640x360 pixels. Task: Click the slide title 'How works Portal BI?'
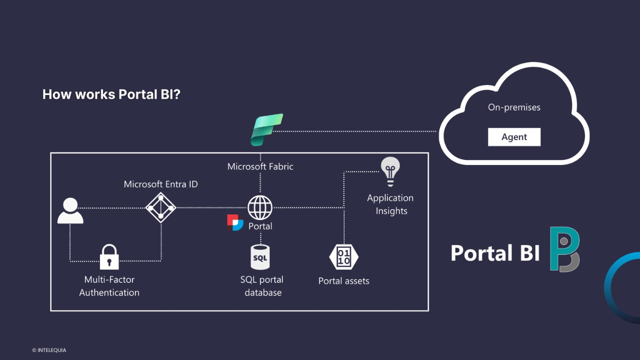pyautogui.click(x=111, y=94)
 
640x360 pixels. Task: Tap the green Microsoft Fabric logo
pyautogui.click(x=266, y=130)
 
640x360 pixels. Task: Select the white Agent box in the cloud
pyautogui.click(x=514, y=137)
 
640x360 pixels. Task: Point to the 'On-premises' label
pyautogui.click(x=514, y=107)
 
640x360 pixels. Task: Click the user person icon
pyautogui.click(x=70, y=210)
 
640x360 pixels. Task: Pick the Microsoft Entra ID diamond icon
pyautogui.click(x=160, y=207)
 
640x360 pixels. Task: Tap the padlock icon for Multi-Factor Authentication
pyautogui.click(x=109, y=257)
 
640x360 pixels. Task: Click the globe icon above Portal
pyautogui.click(x=260, y=207)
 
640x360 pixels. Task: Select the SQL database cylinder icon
pyautogui.click(x=260, y=257)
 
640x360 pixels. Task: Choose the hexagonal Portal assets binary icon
pyautogui.click(x=343, y=257)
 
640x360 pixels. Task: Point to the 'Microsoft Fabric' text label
pyautogui.click(x=260, y=166)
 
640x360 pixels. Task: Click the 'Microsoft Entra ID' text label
pyautogui.click(x=160, y=184)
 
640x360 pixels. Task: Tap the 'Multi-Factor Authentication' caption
pyautogui.click(x=109, y=286)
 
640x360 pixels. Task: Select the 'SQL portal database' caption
pyautogui.click(x=262, y=286)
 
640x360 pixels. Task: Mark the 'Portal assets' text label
pyautogui.click(x=343, y=281)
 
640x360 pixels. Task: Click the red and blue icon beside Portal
pyautogui.click(x=235, y=222)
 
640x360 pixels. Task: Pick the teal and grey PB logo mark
pyautogui.click(x=564, y=249)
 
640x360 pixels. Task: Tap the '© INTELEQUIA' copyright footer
pyautogui.click(x=49, y=350)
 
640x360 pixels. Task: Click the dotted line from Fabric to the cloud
pyautogui.click(x=355, y=131)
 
